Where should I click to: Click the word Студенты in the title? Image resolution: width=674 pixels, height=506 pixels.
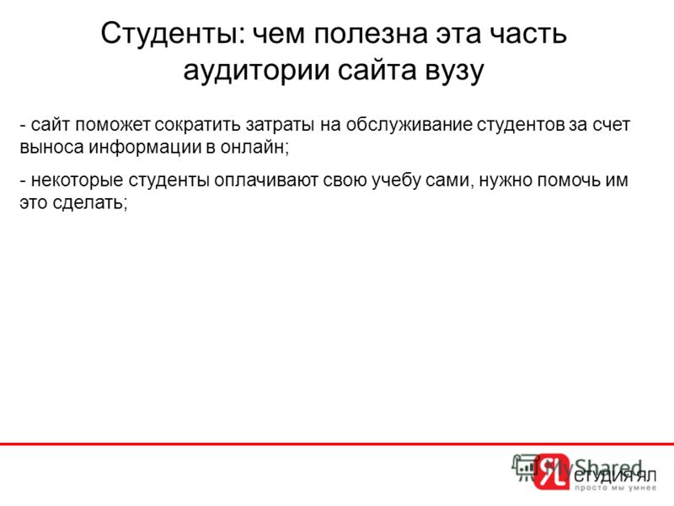[x=173, y=34]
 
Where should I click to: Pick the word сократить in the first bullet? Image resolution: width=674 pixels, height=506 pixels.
[x=199, y=125]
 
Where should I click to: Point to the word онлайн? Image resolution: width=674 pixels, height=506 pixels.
[x=254, y=147]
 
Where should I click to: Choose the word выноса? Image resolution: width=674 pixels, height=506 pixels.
[x=52, y=148]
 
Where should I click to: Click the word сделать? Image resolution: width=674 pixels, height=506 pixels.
[x=90, y=202]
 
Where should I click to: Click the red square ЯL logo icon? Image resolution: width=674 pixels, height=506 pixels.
[x=551, y=472]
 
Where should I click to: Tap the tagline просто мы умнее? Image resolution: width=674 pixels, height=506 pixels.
[x=616, y=488]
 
